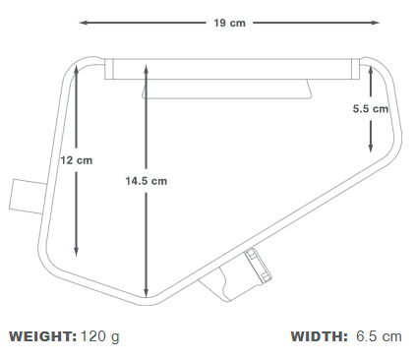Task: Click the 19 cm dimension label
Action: (229, 23)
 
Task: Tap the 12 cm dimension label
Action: (77, 160)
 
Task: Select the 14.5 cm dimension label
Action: (147, 181)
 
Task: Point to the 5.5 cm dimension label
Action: (371, 108)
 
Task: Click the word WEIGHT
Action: (43, 336)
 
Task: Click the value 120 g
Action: (100, 337)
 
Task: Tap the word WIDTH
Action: (319, 336)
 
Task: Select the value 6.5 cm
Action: (379, 336)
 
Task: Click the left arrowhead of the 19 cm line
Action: (83, 23)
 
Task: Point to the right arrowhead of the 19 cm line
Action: (376, 23)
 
